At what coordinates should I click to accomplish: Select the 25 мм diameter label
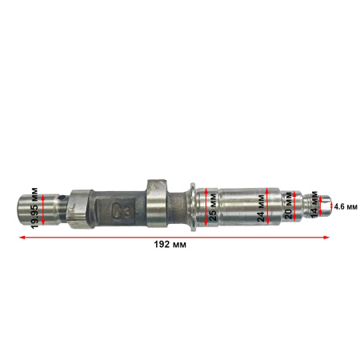(214, 206)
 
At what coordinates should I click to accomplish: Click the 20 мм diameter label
(289, 206)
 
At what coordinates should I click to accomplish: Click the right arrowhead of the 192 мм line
(327, 237)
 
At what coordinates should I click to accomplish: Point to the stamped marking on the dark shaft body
(124, 211)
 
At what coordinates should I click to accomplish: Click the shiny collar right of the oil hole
(78, 210)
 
